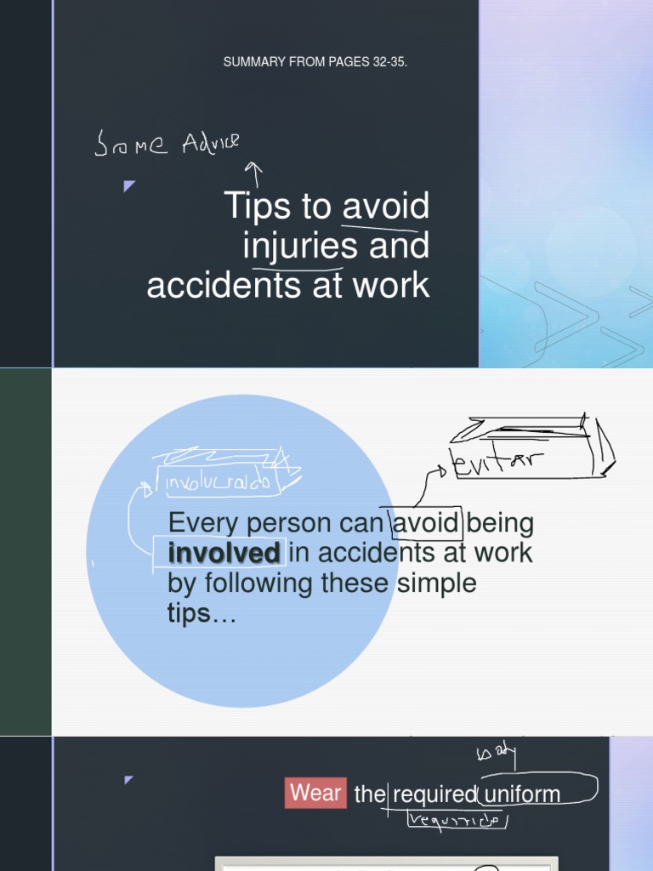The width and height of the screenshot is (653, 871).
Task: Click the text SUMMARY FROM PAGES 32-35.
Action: click(315, 63)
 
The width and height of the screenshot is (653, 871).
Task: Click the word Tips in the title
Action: click(256, 207)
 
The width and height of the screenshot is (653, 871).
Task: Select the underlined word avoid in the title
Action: click(386, 207)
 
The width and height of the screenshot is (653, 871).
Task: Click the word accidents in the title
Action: click(217, 285)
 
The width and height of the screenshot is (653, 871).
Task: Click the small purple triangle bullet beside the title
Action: click(129, 185)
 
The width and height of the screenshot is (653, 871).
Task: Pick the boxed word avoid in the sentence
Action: click(426, 521)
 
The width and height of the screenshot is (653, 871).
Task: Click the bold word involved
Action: click(224, 553)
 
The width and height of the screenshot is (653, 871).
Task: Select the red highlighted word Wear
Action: click(315, 794)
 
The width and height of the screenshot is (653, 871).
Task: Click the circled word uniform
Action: click(520, 794)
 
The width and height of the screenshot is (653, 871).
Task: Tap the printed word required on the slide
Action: click(434, 794)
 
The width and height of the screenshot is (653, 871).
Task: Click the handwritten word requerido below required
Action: click(457, 820)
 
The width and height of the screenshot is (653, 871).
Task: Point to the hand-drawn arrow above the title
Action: click(253, 174)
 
